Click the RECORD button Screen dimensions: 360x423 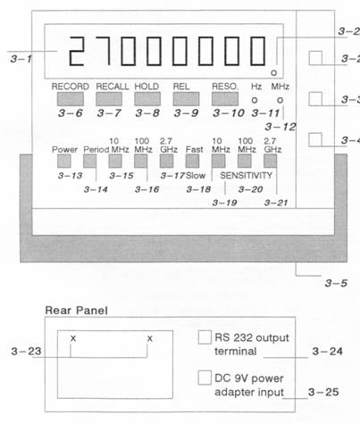coord(71,99)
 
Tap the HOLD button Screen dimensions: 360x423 coord(147,99)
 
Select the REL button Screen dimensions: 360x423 coord(186,99)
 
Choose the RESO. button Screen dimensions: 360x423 coord(225,99)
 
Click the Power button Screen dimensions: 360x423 coord(64,162)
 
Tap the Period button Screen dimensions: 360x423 coord(89,162)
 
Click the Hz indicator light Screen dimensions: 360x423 coord(255,100)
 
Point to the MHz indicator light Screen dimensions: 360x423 coord(280,100)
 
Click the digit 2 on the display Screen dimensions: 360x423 coord(76,51)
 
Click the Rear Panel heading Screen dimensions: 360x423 coord(76,311)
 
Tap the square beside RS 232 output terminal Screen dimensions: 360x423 coord(205,337)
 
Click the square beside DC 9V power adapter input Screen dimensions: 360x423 coord(205,377)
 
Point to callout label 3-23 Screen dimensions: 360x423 coord(26,352)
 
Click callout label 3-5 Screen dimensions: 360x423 coord(336,283)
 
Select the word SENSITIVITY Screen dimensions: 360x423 coord(247,176)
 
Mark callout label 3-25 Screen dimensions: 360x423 coord(323,392)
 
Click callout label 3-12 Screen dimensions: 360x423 coord(280,127)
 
